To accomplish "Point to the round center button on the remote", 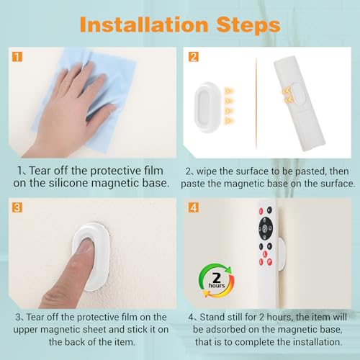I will (x=266, y=233).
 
